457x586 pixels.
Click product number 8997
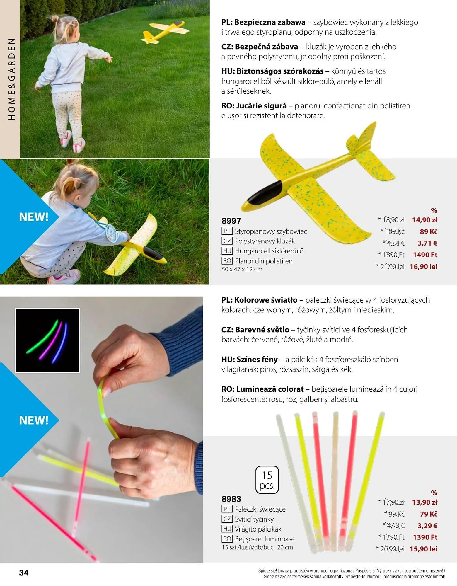point(231,221)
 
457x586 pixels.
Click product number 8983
point(231,499)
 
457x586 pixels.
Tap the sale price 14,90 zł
point(424,220)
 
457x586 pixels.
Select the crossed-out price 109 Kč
point(394,231)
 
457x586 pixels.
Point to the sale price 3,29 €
point(427,526)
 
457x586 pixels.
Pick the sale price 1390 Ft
point(425,537)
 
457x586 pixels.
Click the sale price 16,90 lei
point(423,266)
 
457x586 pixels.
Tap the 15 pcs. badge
point(267,480)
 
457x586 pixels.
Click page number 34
point(24,573)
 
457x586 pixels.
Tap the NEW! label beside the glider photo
point(34,217)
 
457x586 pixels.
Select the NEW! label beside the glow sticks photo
point(34,420)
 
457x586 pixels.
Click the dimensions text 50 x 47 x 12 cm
point(242,269)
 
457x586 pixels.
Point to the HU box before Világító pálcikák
point(227,529)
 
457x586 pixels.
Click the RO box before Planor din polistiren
point(227,261)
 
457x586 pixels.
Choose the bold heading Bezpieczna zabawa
point(270,22)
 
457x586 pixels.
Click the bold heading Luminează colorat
point(270,389)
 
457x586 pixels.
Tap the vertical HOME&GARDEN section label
point(11,79)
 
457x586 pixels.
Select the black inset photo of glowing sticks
point(47,340)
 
